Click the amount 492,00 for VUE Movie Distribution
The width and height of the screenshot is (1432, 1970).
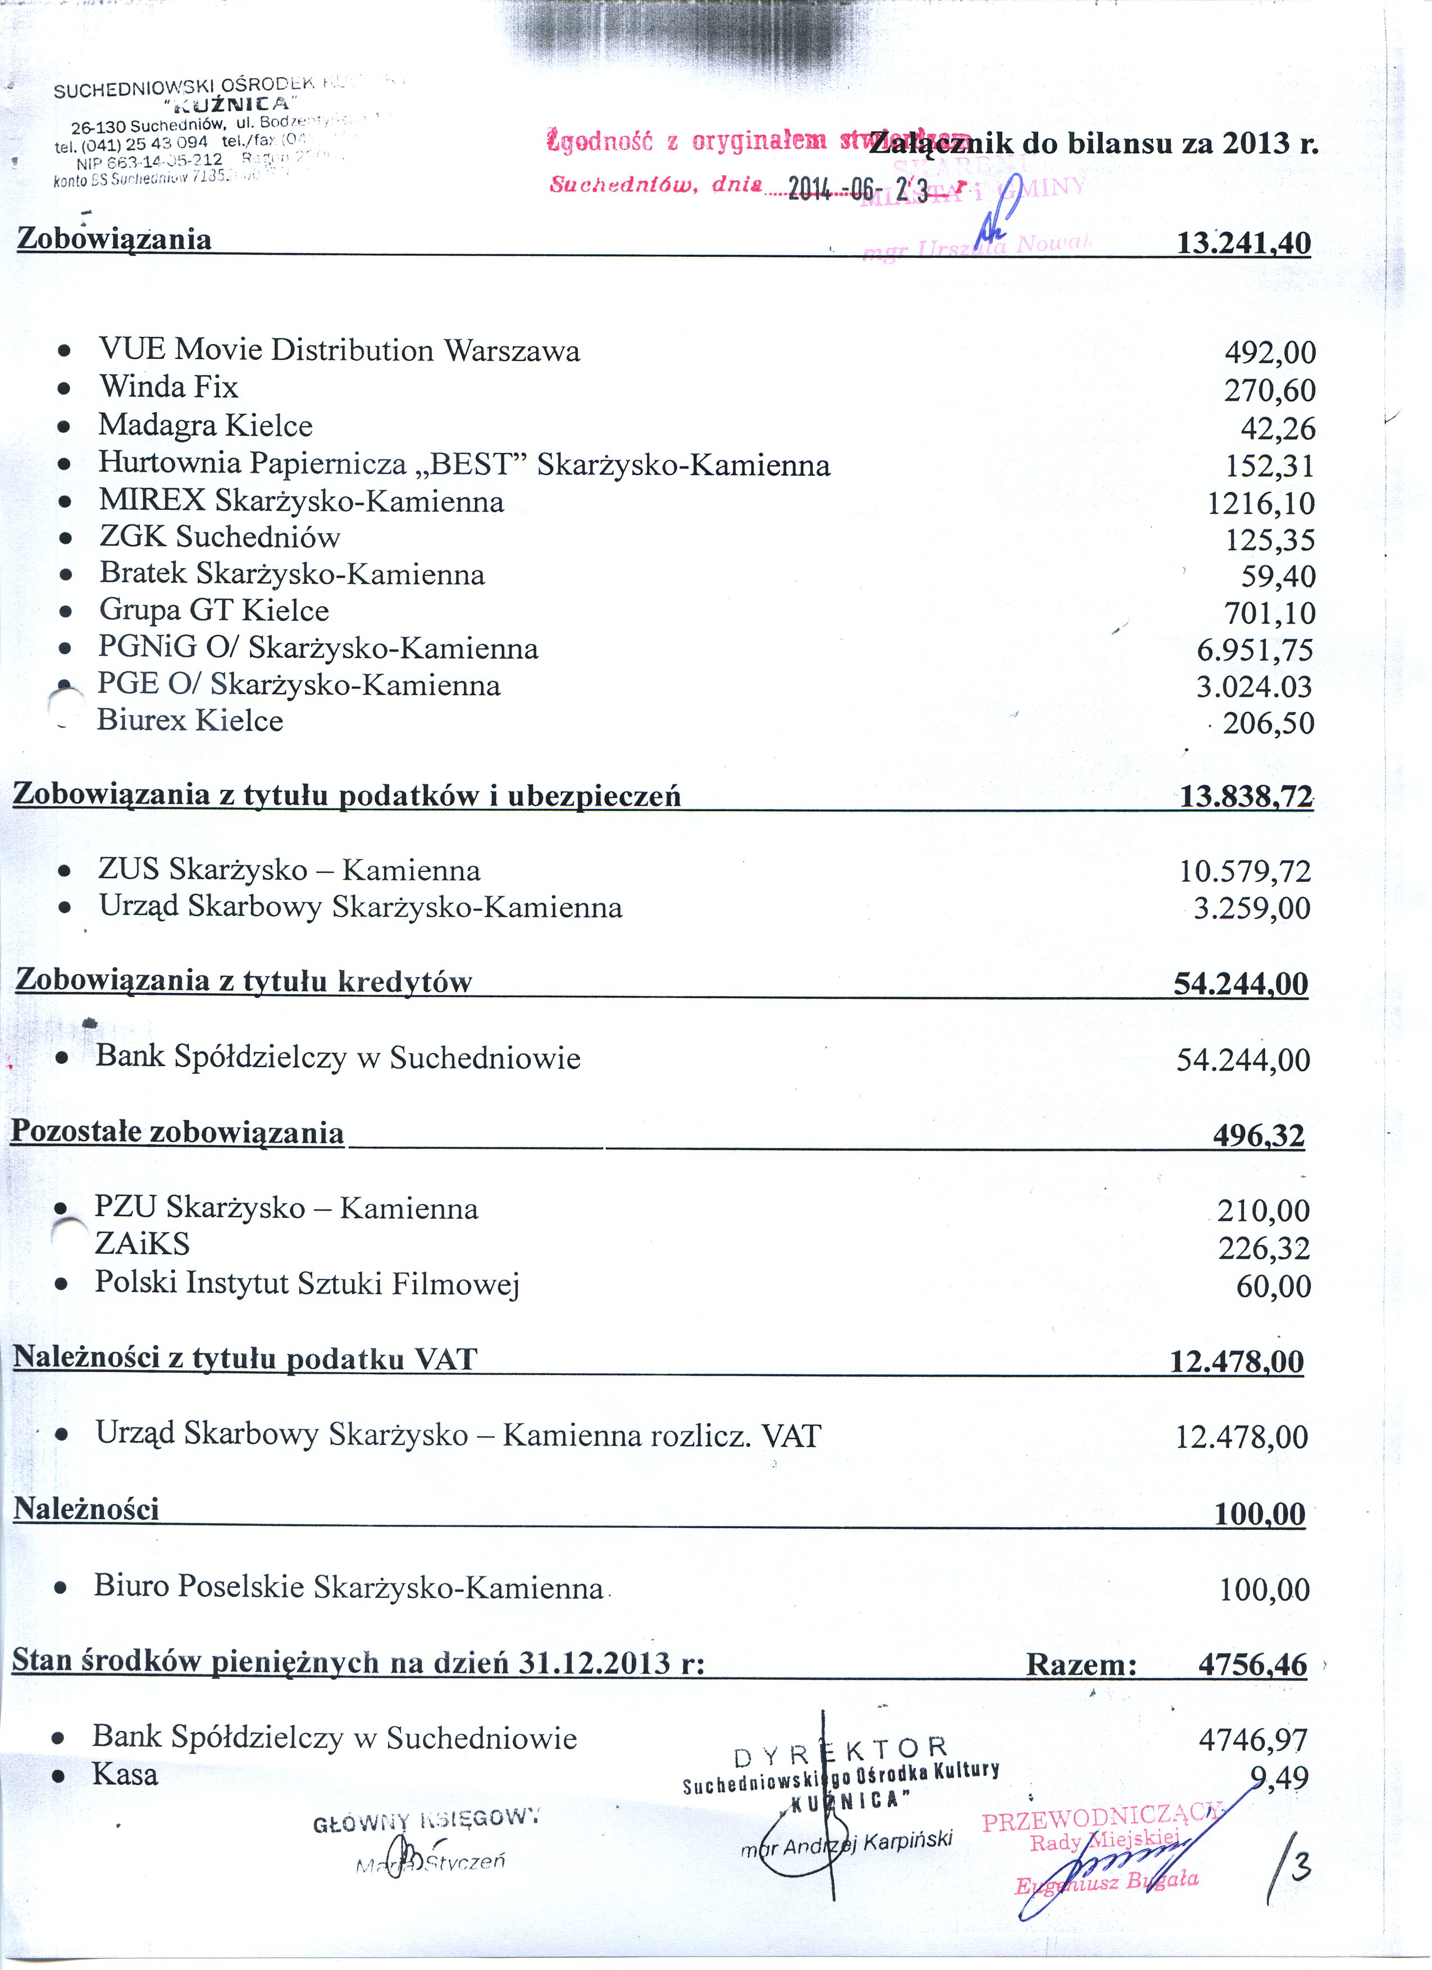click(x=1270, y=353)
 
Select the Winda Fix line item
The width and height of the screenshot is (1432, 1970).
click(x=168, y=386)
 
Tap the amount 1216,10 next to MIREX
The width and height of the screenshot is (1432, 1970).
click(x=1261, y=504)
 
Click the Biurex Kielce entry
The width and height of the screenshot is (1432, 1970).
click(x=189, y=721)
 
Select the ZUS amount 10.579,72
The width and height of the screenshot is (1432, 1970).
click(x=1244, y=871)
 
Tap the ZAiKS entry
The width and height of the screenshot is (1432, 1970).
click(x=143, y=1245)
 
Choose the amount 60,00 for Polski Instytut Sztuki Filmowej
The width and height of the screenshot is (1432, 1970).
click(x=1273, y=1286)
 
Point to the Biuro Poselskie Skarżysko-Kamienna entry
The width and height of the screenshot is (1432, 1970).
click(x=348, y=1587)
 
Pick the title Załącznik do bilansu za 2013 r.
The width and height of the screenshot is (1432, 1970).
click(x=1095, y=143)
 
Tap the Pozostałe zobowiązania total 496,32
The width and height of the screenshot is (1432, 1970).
click(x=1258, y=1135)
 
